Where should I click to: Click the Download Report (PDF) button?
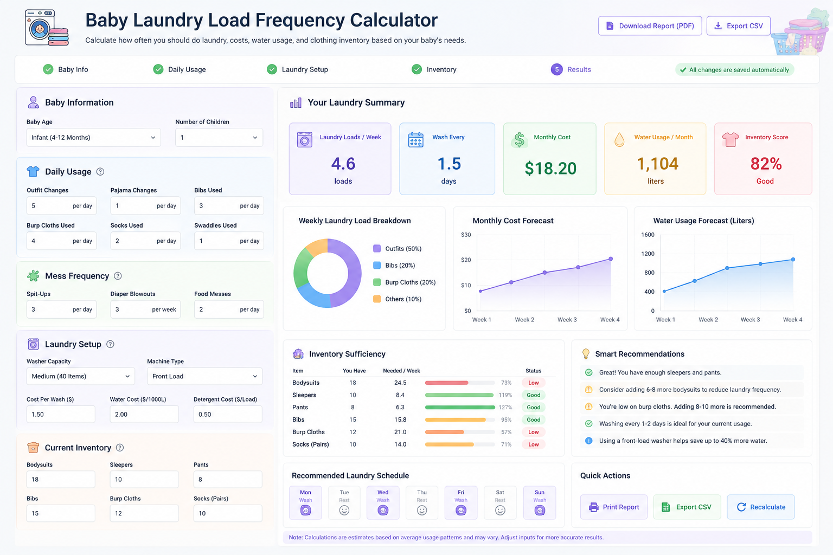click(650, 25)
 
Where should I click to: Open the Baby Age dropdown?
click(93, 138)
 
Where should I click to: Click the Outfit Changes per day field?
click(61, 205)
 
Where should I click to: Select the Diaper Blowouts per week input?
click(145, 309)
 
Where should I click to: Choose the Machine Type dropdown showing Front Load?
click(204, 376)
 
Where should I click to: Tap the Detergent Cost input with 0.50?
click(228, 414)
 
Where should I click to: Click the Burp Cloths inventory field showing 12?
click(144, 513)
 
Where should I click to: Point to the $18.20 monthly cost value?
click(550, 169)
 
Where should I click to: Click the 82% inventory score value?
click(766, 164)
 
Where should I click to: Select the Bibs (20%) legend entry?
click(394, 266)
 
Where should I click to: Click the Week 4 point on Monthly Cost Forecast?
click(611, 259)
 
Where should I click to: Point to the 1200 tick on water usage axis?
click(648, 254)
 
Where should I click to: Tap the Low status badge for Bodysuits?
click(533, 383)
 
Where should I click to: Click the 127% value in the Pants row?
click(505, 408)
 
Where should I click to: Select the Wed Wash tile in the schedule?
click(383, 502)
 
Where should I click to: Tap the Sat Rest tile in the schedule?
click(500, 502)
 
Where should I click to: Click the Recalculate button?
click(761, 507)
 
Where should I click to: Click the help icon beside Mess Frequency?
click(118, 276)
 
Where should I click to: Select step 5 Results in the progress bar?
click(571, 69)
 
